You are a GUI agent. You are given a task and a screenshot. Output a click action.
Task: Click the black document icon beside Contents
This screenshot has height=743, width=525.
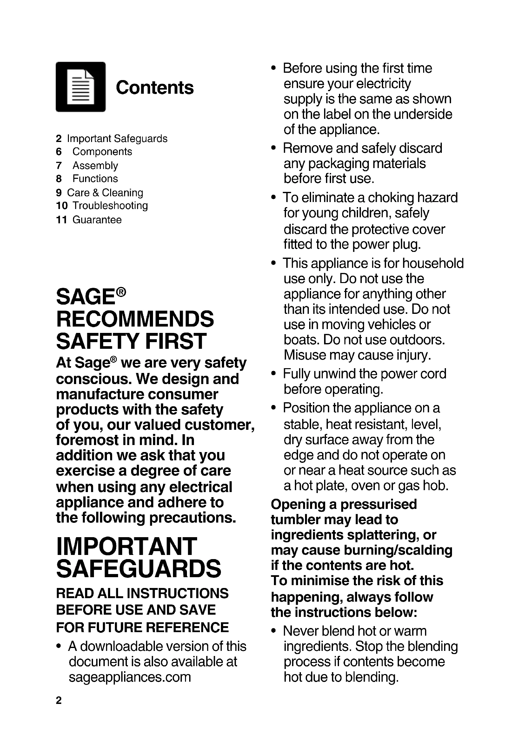pyautogui.click(x=81, y=87)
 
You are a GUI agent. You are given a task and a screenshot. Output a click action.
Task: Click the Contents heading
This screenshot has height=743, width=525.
pyautogui.click(x=155, y=88)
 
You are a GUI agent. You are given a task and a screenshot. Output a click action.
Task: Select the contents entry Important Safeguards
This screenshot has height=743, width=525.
pyautogui.click(x=117, y=138)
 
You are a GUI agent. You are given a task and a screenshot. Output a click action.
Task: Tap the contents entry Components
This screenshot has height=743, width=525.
pyautogui.click(x=102, y=152)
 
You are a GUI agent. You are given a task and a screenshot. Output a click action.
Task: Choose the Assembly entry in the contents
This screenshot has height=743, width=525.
pyautogui.click(x=95, y=165)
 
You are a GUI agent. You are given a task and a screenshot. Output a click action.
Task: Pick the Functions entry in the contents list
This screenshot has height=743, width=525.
pyautogui.click(x=95, y=179)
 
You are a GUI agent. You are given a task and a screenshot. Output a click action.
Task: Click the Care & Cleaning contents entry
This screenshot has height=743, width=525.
pyautogui.click(x=105, y=193)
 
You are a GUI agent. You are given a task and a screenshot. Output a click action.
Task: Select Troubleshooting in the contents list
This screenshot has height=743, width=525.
pyautogui.click(x=110, y=206)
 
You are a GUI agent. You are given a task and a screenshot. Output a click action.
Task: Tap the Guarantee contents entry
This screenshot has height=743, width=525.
pyautogui.click(x=97, y=220)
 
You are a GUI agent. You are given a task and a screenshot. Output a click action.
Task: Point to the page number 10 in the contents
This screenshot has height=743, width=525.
pyautogui.click(x=62, y=206)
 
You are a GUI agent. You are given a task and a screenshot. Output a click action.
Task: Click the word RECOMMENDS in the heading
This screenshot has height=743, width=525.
pyautogui.click(x=135, y=319)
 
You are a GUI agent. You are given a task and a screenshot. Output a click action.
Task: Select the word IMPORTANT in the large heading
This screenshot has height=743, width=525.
pyautogui.click(x=126, y=547)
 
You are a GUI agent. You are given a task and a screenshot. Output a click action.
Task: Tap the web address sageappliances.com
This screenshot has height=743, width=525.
pyautogui.click(x=130, y=677)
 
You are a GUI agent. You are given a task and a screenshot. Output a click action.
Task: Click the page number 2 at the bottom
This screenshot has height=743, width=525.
pyautogui.click(x=58, y=701)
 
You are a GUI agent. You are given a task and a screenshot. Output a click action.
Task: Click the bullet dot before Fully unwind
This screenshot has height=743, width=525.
pyautogui.click(x=274, y=374)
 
